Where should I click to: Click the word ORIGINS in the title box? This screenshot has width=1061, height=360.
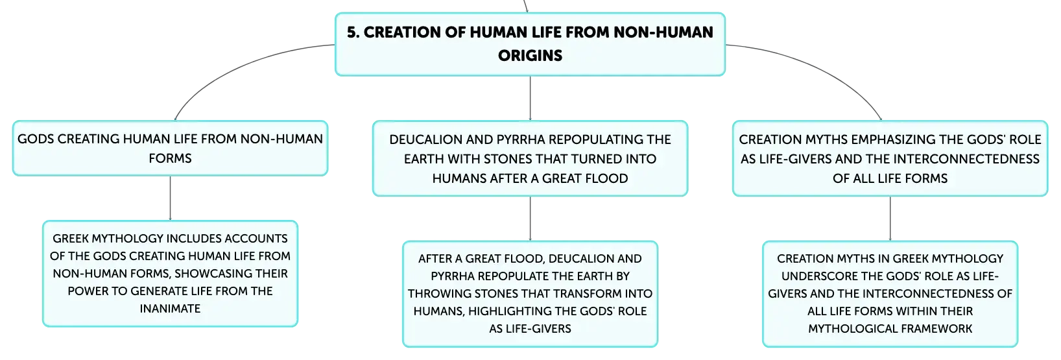click(530, 55)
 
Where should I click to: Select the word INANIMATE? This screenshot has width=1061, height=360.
click(170, 308)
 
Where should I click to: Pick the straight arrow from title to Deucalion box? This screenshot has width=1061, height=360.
click(530, 98)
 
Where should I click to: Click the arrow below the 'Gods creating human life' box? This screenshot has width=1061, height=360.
click(170, 198)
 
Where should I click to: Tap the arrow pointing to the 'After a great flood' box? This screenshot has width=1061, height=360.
click(530, 219)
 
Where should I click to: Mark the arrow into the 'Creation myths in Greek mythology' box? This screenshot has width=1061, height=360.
click(890, 219)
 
